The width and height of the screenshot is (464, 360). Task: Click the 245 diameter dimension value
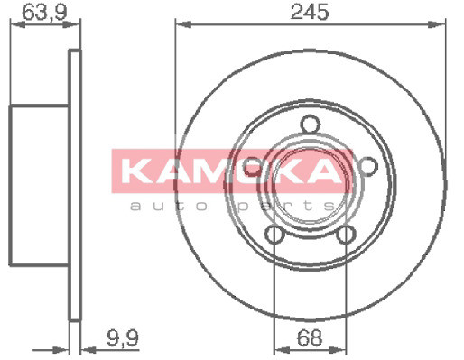(x=309, y=12)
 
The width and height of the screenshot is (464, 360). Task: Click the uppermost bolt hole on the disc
(x=310, y=125)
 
